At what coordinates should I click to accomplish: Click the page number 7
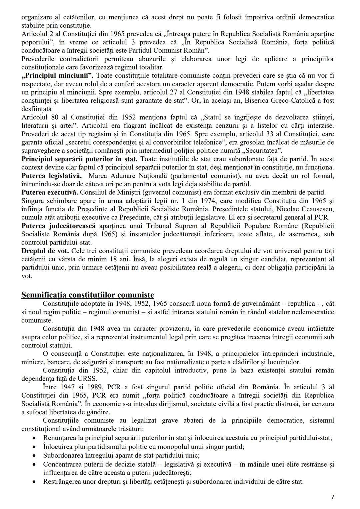(x=332, y=497)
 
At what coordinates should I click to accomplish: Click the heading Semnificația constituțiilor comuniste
(x=88, y=295)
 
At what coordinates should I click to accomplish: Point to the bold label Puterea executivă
(x=50, y=192)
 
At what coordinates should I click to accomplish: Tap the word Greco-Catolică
(x=296, y=100)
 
